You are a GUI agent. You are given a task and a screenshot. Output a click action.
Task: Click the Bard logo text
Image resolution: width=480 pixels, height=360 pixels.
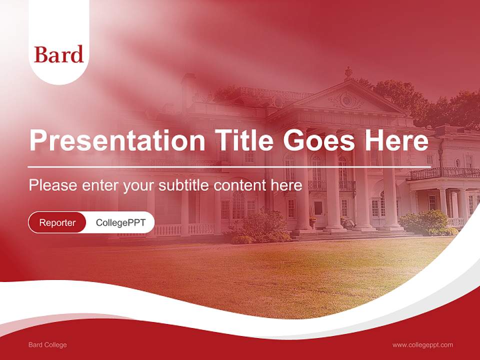click(58, 54)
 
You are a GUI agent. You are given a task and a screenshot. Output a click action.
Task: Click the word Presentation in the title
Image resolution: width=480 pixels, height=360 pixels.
click(117, 140)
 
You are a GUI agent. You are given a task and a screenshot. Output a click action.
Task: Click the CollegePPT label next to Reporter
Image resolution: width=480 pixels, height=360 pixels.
click(120, 222)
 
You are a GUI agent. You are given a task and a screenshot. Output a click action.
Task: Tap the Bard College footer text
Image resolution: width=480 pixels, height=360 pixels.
click(47, 345)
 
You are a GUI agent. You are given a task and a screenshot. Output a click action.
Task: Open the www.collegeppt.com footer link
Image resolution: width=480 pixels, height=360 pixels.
click(422, 345)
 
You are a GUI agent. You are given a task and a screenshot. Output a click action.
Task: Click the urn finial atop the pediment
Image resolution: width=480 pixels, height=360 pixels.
click(348, 73)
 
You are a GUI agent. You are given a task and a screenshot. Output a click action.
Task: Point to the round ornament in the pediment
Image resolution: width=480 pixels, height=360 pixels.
click(346, 99)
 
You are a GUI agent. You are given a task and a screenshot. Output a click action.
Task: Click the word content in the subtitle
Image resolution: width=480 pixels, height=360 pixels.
click(240, 185)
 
